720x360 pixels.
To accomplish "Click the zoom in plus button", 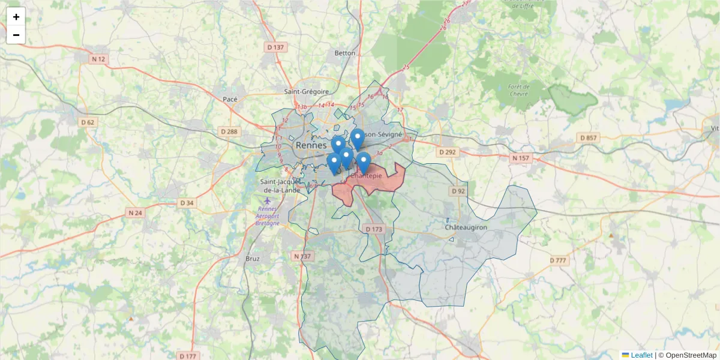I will coord(16,17).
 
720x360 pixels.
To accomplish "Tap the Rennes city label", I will coord(310,146).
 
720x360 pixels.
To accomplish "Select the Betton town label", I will coord(345,53).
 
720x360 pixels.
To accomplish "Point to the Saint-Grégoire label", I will coord(307,92).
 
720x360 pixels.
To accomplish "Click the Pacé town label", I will coord(230,99).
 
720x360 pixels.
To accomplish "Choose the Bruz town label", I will coord(253,259).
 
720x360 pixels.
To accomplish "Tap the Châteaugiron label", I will coord(465,228).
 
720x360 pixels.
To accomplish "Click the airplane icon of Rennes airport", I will coord(267,200).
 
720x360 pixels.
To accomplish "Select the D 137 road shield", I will coord(275,47).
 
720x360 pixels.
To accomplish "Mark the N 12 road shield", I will coord(98,59).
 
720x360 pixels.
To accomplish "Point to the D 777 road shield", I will coord(558,260).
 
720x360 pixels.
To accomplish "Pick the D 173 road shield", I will coord(373,229).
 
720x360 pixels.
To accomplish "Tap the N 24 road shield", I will coord(135,212).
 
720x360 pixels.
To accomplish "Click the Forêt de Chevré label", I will coord(518,90).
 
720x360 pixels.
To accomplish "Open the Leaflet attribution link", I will coord(641,355).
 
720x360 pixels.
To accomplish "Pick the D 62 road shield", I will coord(88,122).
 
